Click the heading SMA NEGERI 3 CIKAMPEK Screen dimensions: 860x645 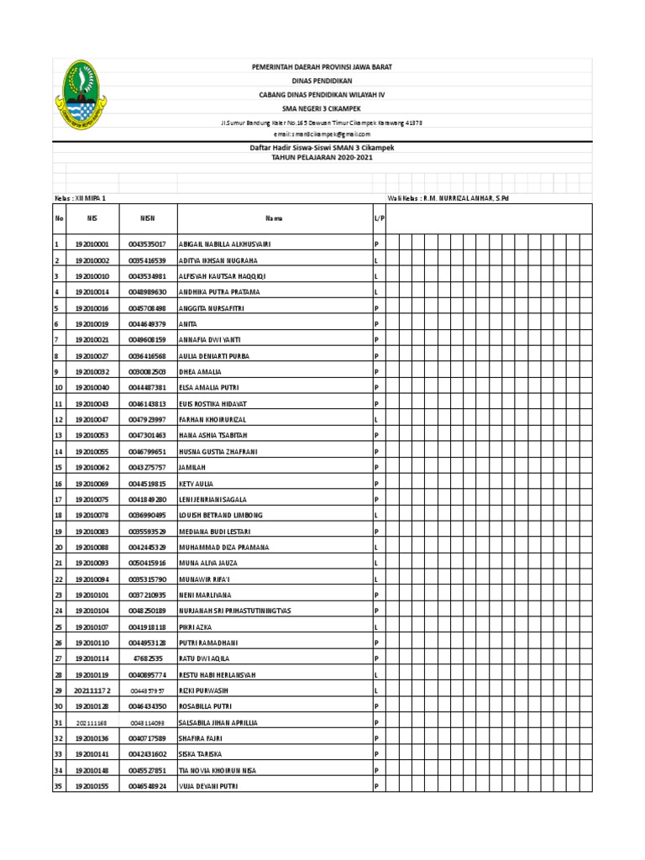pyautogui.click(x=323, y=107)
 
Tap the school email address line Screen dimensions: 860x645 pyautogui.click(x=322, y=134)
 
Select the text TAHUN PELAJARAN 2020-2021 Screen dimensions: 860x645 pyautogui.click(x=322, y=157)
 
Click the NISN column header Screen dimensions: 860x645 pyautogui.click(x=147, y=218)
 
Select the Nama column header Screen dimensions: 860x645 pyautogui.click(x=273, y=218)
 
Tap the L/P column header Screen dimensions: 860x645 pyautogui.click(x=378, y=218)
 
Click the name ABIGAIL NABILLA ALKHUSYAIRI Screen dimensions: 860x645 pyautogui.click(x=225, y=244)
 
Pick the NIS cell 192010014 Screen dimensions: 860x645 pyautogui.click(x=92, y=292)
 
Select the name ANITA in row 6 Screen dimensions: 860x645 pyautogui.click(x=189, y=324)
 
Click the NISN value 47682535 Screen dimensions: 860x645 pyautogui.click(x=147, y=659)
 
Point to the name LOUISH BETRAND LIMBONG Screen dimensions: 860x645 pyautogui.click(x=221, y=516)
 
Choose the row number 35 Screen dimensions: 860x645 pyautogui.click(x=59, y=786)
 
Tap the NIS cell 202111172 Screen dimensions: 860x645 pyautogui.click(x=92, y=690)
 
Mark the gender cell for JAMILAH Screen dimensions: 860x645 pyautogui.click(x=376, y=468)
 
